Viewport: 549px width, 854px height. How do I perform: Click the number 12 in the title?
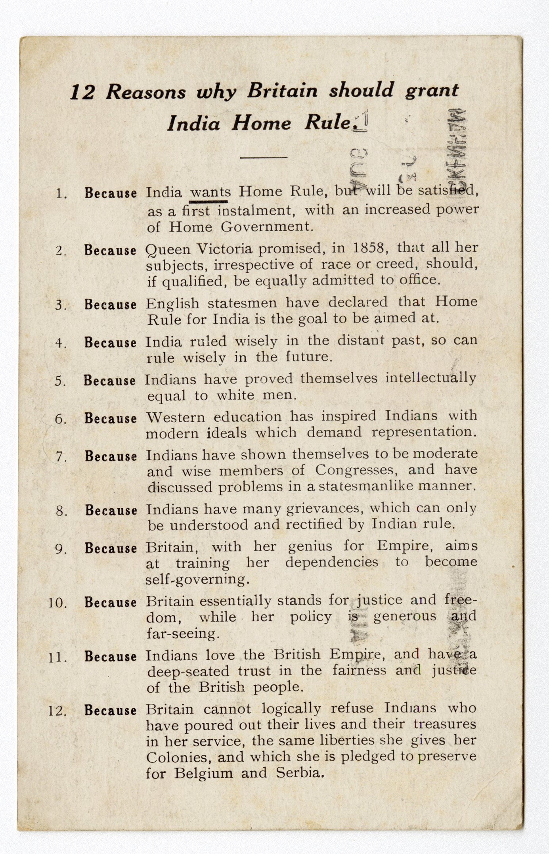tap(82, 92)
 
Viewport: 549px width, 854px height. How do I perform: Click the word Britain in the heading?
tap(282, 91)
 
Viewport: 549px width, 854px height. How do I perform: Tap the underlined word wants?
tap(210, 192)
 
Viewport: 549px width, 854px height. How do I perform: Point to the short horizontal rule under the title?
tap(263, 157)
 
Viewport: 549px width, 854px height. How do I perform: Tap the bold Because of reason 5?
tap(110, 381)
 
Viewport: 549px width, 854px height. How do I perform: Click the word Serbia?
tap(300, 773)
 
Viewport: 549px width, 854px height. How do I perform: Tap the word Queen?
tap(168, 249)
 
